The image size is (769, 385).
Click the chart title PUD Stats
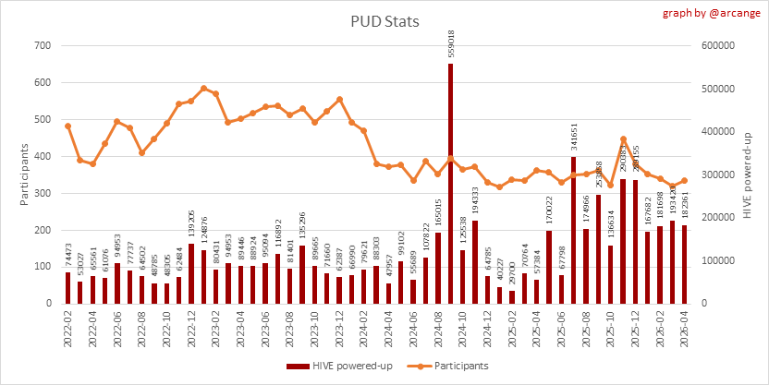pyautogui.click(x=384, y=21)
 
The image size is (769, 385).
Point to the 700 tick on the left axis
pyautogui.click(x=41, y=45)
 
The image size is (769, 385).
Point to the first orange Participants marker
pyautogui.click(x=68, y=126)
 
